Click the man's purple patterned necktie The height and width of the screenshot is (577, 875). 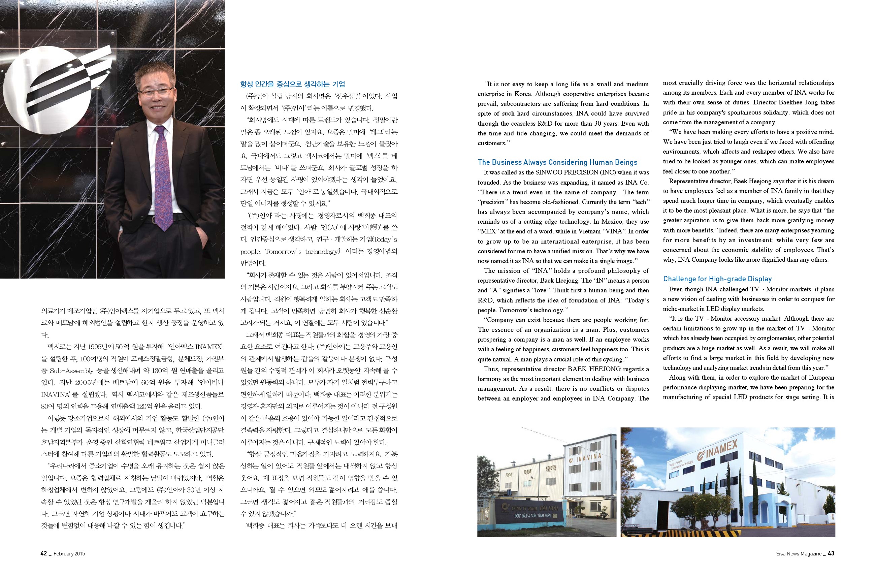tap(162, 177)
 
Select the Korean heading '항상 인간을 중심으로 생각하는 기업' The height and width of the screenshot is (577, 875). tap(293, 84)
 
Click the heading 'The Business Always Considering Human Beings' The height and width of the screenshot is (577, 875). tap(557, 162)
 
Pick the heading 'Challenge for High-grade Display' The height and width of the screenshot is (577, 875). tap(717, 279)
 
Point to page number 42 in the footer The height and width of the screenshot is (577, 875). tap(44, 553)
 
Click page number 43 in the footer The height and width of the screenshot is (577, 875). tap(831, 553)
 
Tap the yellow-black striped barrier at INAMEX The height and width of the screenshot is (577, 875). tap(681, 533)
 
